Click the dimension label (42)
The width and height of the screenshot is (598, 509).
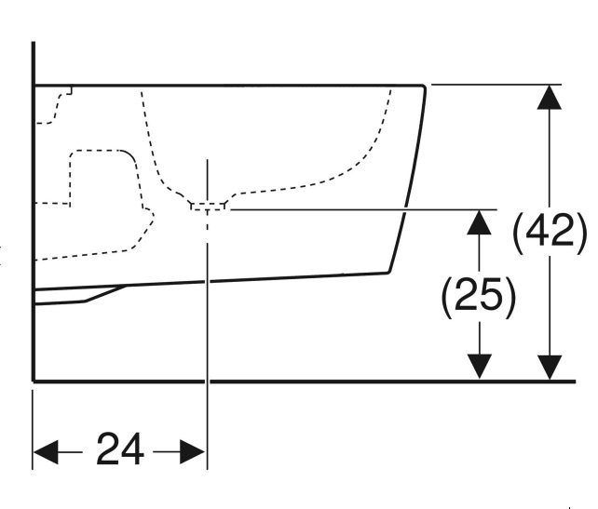point(550,232)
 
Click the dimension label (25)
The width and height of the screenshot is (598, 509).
point(478,296)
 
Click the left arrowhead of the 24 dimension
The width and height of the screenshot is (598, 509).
point(45,453)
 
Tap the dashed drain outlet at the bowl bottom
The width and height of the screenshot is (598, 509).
point(208,206)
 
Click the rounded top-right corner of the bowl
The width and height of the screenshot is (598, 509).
point(422,88)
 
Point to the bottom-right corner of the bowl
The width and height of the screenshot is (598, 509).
point(387,272)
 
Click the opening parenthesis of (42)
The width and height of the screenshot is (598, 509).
point(520,232)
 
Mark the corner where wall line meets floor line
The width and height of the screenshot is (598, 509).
point(34,381)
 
